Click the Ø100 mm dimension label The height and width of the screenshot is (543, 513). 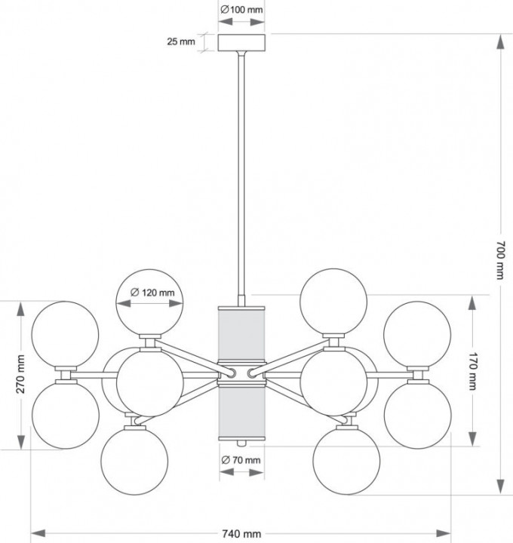point(241,11)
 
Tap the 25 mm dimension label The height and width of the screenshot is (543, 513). point(181,42)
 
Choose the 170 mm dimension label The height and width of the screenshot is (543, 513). point(472,371)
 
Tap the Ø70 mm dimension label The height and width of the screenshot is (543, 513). point(241,460)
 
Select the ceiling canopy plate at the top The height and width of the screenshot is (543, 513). point(241,42)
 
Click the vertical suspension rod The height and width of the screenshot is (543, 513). point(241,173)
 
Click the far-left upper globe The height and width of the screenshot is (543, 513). point(66,334)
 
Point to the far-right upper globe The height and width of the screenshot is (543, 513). point(417,334)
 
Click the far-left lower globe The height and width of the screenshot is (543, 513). point(66,413)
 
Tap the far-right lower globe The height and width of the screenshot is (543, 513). point(417,413)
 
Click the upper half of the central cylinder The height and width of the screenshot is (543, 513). point(241,336)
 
